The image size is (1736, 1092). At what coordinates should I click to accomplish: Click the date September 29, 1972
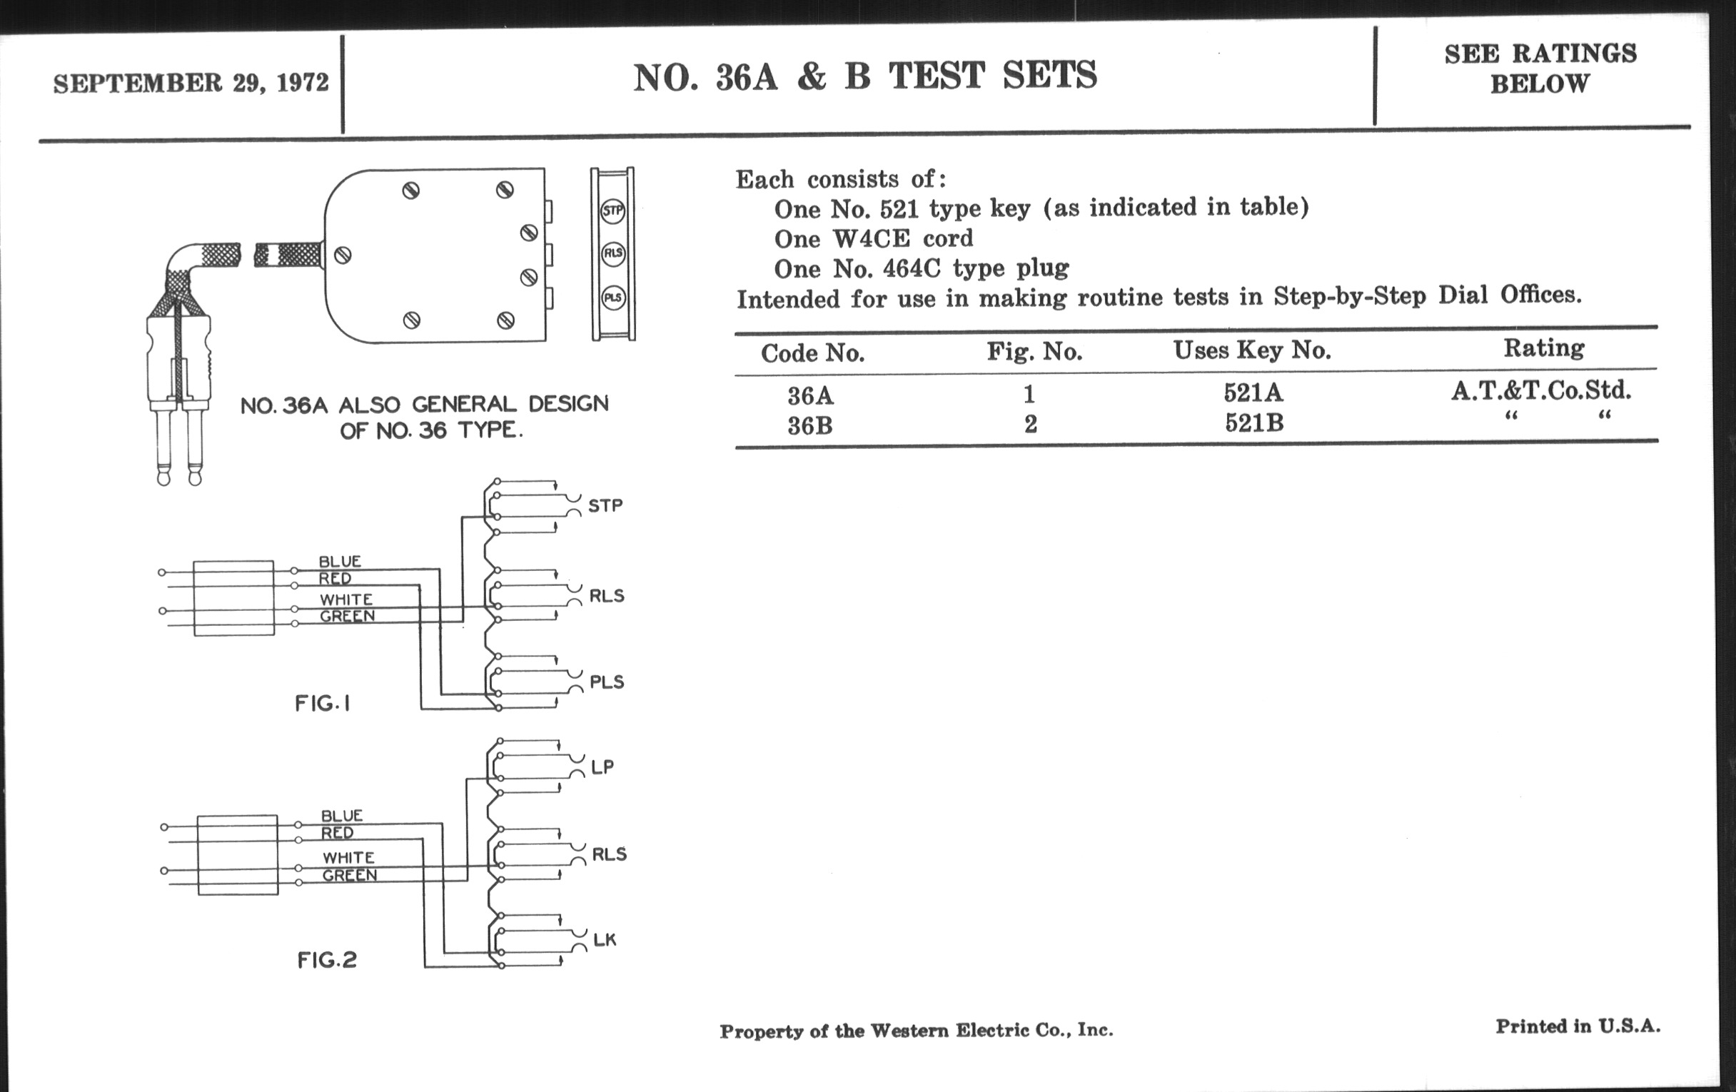point(191,83)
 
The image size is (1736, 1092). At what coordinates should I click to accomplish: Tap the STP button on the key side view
point(612,211)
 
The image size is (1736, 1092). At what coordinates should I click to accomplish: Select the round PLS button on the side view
point(612,297)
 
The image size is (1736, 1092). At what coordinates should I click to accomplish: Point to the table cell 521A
point(1253,393)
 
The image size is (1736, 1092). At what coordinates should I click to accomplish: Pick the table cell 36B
point(809,426)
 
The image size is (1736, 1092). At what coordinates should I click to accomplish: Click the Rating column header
point(1543,348)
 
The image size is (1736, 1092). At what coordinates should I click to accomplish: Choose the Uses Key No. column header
point(1251,350)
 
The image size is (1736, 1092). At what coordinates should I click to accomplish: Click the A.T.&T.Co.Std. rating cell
point(1541,390)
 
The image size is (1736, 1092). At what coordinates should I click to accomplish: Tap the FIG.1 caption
point(323,704)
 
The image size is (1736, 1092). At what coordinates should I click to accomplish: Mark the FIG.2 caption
point(327,960)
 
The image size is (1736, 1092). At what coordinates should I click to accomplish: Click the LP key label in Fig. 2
point(602,767)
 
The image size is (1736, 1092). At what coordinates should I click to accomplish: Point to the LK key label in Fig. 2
point(604,940)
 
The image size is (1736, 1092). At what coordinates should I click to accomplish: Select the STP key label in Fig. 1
point(605,505)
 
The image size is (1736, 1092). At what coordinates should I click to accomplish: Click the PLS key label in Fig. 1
point(606,682)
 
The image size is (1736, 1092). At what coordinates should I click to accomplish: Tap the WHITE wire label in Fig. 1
point(346,600)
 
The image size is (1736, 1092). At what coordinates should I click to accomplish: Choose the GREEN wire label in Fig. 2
point(349,875)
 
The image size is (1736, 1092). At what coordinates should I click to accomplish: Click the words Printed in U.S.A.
point(1578,1026)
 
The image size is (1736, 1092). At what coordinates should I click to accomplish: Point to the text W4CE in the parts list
point(871,238)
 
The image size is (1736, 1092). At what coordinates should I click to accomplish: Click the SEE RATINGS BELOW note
point(1540,69)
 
